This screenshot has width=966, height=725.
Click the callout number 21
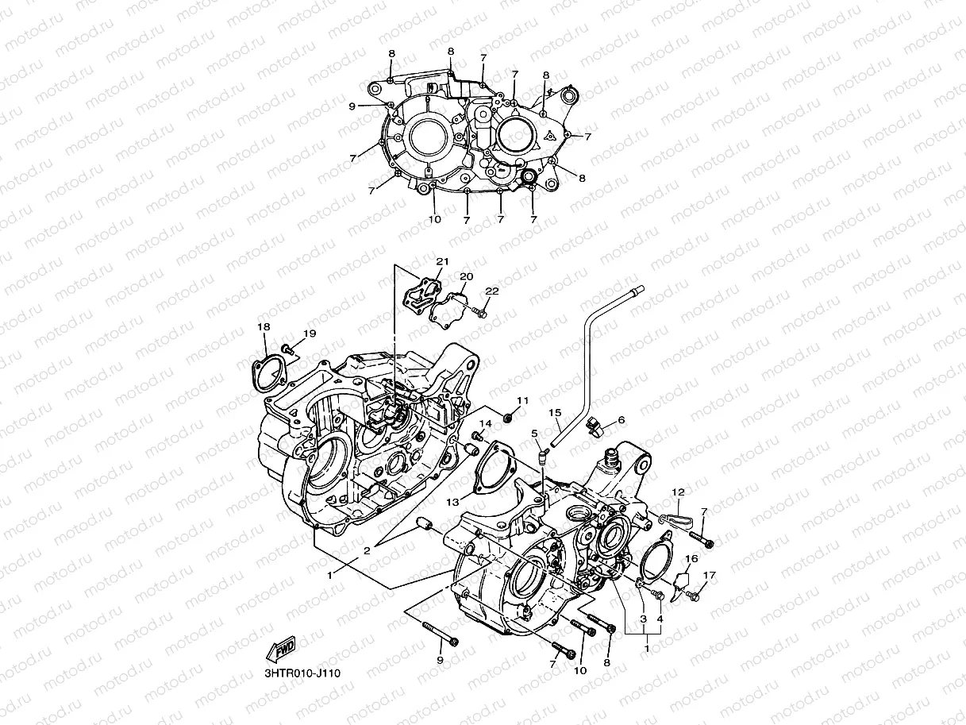coord(442,262)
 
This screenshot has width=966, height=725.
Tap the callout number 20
coord(467,276)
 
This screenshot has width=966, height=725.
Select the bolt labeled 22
coord(480,312)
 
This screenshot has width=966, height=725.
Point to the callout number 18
coord(264,326)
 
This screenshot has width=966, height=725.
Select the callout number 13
coord(452,503)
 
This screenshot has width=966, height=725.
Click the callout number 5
coord(535,433)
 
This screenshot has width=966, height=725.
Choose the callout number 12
coord(678,492)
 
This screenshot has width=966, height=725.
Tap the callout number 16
coord(691,559)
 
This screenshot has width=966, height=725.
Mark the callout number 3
coord(643,619)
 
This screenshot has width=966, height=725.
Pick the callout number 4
coord(659,619)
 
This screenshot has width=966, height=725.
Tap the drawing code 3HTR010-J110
coord(302,673)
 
